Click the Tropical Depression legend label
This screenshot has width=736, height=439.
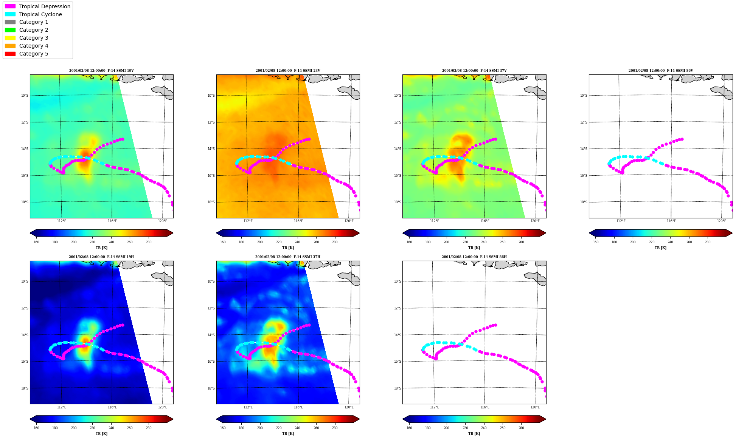(x=45, y=6)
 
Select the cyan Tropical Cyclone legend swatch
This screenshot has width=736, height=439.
(x=10, y=14)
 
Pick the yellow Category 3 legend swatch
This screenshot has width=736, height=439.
(x=10, y=38)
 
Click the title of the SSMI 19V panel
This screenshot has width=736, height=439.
(x=101, y=71)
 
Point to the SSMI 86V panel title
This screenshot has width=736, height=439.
(x=661, y=71)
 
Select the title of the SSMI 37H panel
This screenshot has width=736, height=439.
(x=288, y=257)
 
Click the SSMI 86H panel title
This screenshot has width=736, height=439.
(x=474, y=257)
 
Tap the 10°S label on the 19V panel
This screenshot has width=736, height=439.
(x=25, y=96)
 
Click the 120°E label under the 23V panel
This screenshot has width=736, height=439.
(x=349, y=221)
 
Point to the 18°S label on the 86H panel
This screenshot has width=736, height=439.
(x=398, y=388)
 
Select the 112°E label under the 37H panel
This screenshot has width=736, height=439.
(x=248, y=407)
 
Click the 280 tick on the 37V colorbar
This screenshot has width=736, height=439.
(x=521, y=242)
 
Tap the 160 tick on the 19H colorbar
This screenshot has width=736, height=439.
(x=36, y=428)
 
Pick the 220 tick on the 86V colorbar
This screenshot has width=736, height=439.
(x=652, y=242)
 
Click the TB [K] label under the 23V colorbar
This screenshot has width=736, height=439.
(x=288, y=248)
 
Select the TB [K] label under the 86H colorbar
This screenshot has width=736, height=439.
(x=474, y=434)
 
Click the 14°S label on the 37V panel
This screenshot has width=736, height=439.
(x=398, y=149)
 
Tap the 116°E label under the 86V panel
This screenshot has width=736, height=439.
(x=671, y=221)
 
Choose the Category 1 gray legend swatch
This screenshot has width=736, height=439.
(x=10, y=22)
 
